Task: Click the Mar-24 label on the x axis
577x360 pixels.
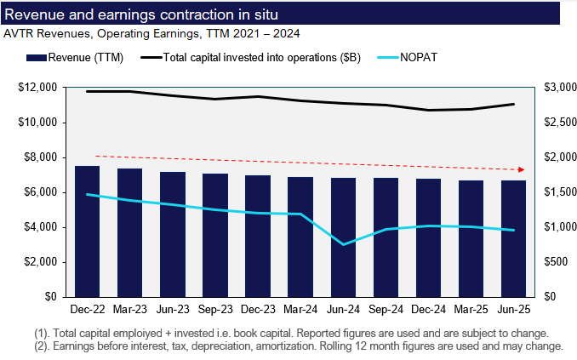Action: [300, 311]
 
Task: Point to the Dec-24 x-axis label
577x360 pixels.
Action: [428, 311]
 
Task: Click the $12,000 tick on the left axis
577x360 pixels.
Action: [37, 88]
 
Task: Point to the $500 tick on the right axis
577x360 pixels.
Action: [556, 262]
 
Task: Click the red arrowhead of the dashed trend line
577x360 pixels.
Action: [521, 169]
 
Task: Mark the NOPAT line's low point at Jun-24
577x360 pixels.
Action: [343, 244]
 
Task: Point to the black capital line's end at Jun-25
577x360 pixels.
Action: [513, 104]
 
